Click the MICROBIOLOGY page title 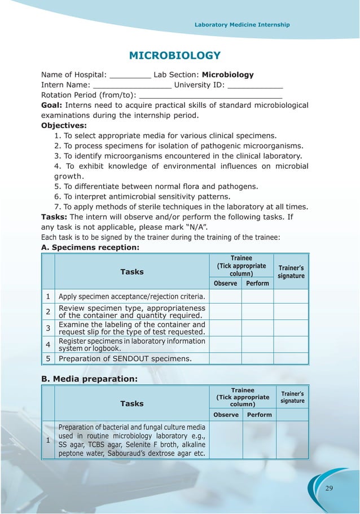click(x=174, y=55)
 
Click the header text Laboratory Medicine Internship click(x=242, y=25)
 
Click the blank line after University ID click(x=255, y=87)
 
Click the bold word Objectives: click(x=64, y=125)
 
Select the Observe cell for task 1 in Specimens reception click(x=225, y=296)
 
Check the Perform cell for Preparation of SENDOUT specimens click(x=258, y=358)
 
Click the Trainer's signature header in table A click(x=291, y=272)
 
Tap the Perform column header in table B click(x=259, y=415)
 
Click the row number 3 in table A click(x=49, y=328)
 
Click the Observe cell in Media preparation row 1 click(x=226, y=440)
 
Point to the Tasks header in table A click(x=131, y=272)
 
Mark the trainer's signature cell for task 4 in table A click(x=291, y=344)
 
